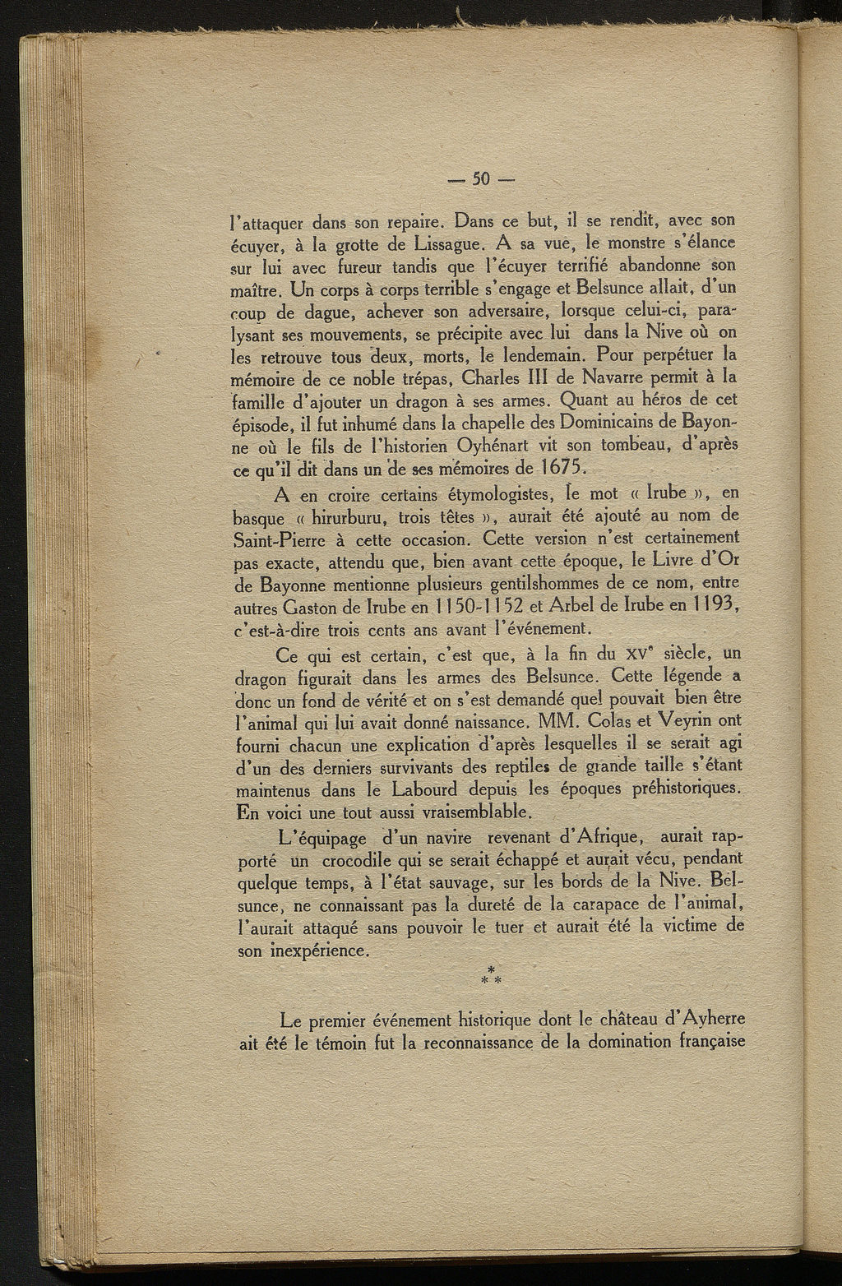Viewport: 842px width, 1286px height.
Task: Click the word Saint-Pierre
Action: tap(280, 540)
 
